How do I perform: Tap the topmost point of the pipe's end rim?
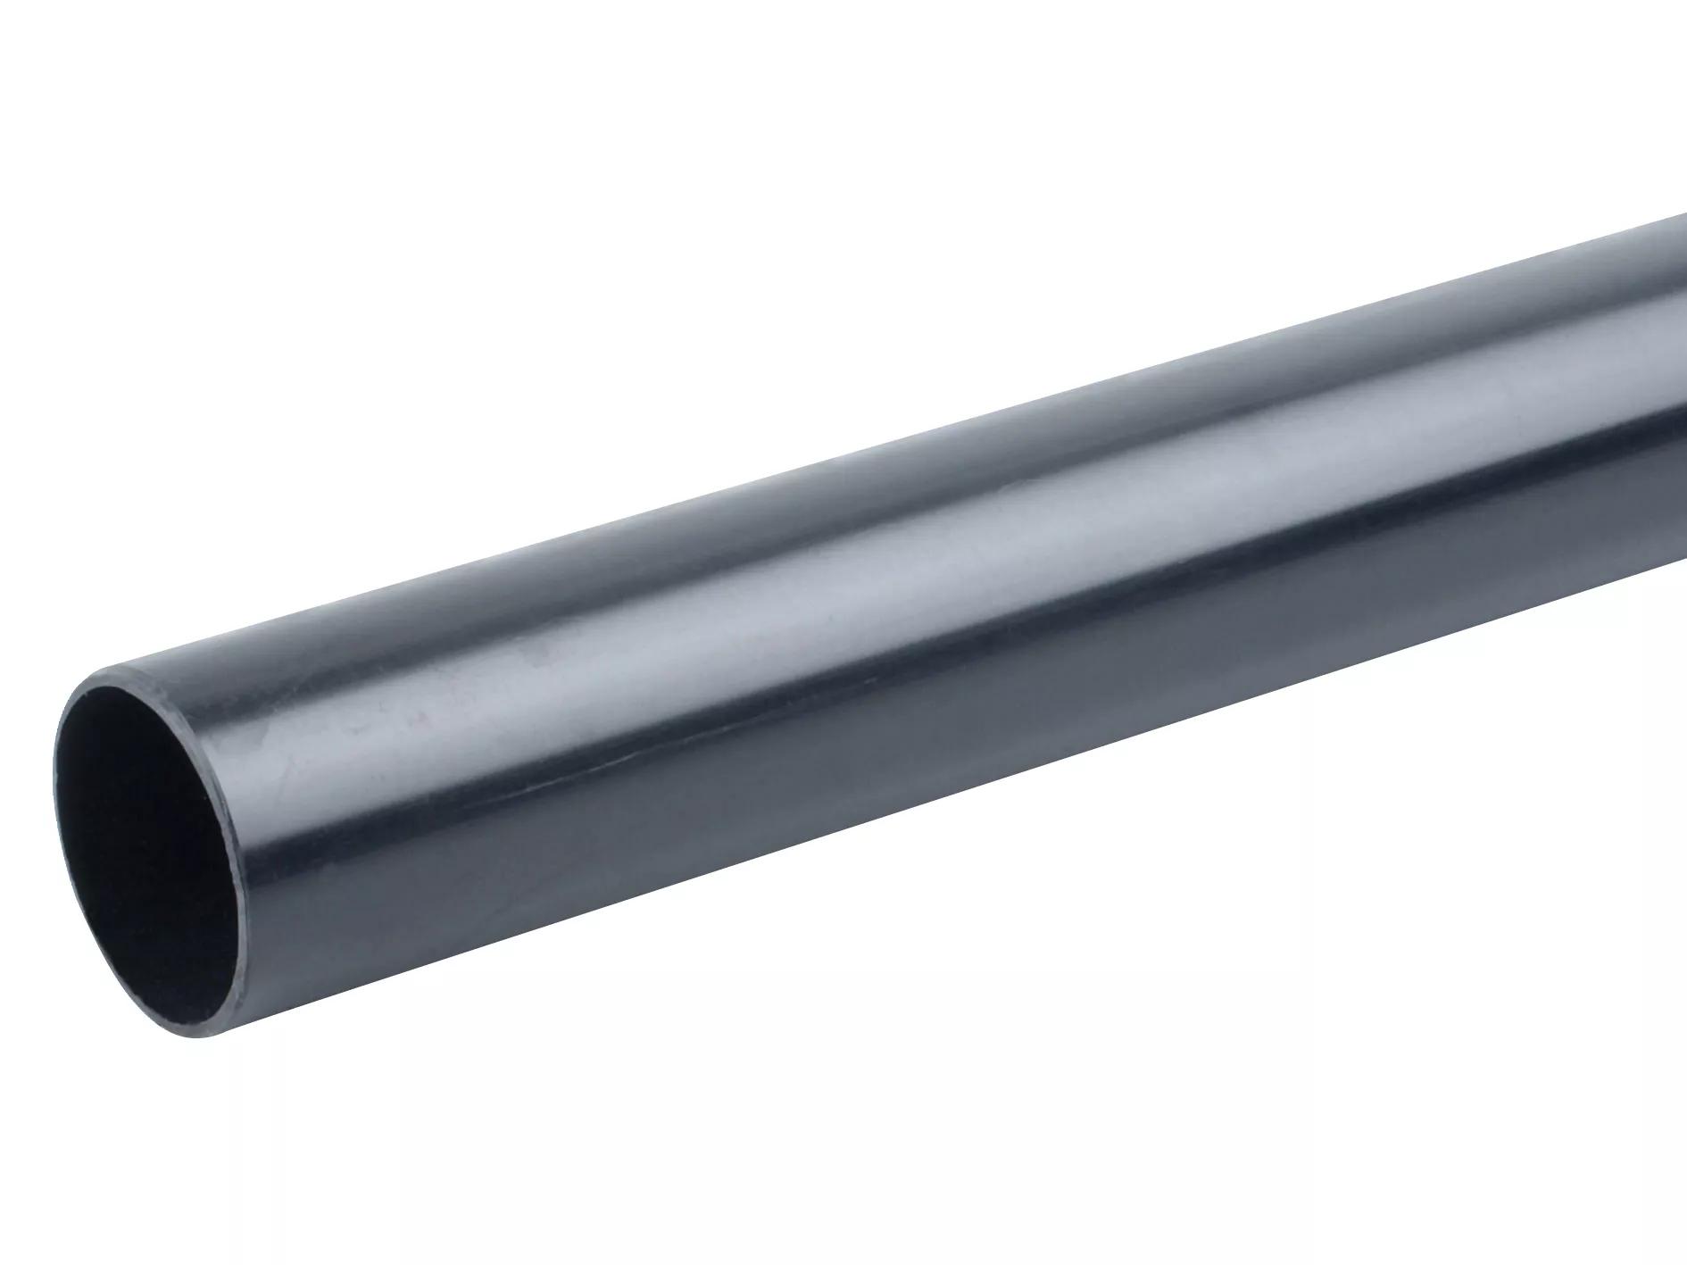[x=125, y=665]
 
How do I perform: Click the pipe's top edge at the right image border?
[x=1683, y=217]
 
